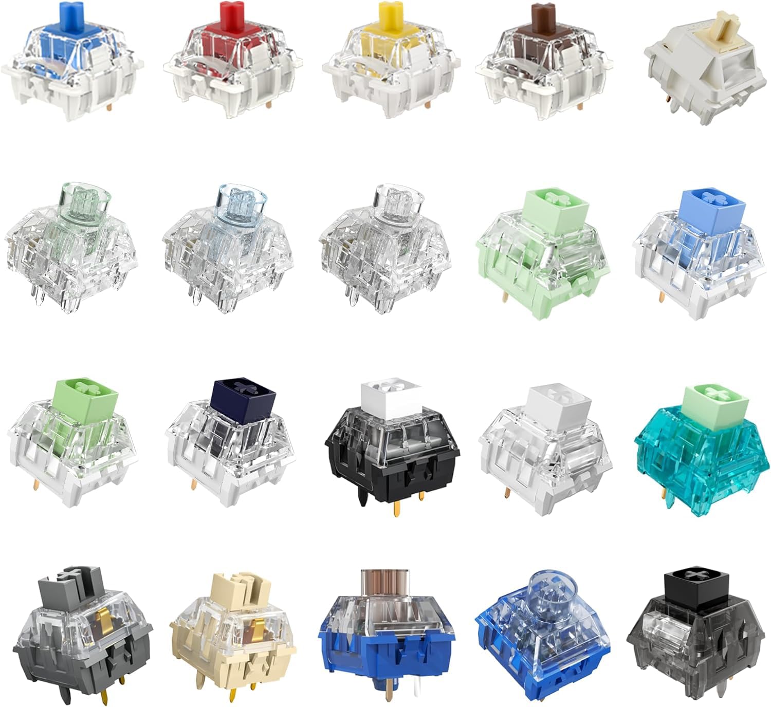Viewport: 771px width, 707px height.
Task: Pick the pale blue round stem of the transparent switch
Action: pyautogui.click(x=241, y=206)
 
